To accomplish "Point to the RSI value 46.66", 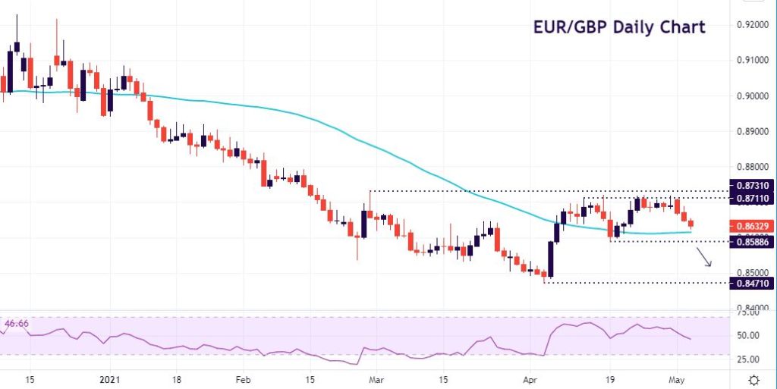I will (x=17, y=325).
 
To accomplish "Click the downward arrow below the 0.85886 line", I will (x=705, y=258).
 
